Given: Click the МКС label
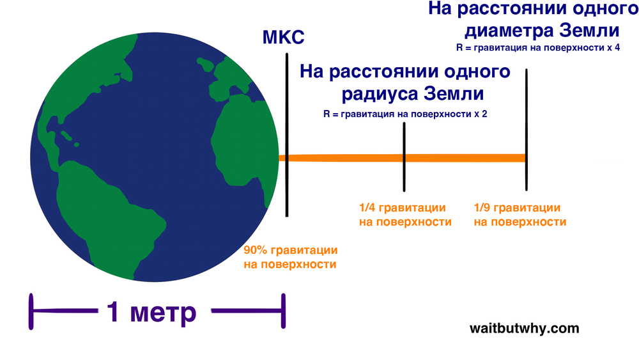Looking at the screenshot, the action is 283,37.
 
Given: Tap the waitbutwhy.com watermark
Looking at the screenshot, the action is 524,328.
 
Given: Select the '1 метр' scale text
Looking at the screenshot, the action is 151,312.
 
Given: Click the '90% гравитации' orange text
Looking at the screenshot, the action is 291,250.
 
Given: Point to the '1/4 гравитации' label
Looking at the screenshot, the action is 402,208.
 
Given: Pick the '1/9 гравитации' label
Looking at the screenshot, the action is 517,208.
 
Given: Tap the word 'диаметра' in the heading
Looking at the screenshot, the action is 509,31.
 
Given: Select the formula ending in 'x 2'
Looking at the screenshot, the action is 405,114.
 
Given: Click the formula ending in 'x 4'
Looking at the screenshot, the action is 538,48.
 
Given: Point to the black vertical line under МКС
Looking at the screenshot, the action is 287,135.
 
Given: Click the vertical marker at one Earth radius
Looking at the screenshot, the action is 404,157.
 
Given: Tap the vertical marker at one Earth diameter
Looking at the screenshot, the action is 527,130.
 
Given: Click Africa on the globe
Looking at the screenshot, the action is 245,143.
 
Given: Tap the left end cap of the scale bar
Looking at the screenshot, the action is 31,311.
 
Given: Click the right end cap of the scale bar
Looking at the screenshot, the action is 283,311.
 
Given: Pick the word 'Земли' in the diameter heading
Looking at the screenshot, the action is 589,31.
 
